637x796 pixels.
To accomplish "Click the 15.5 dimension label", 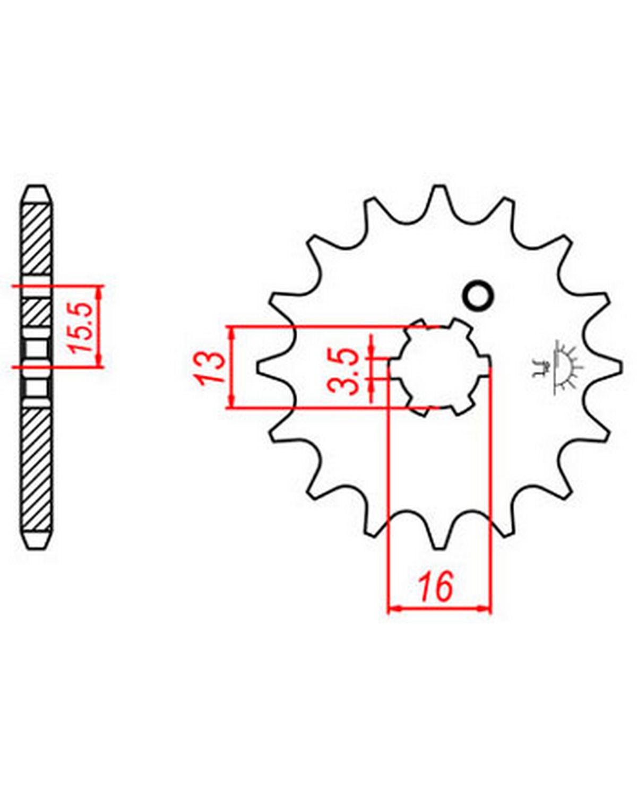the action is point(80,327).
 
